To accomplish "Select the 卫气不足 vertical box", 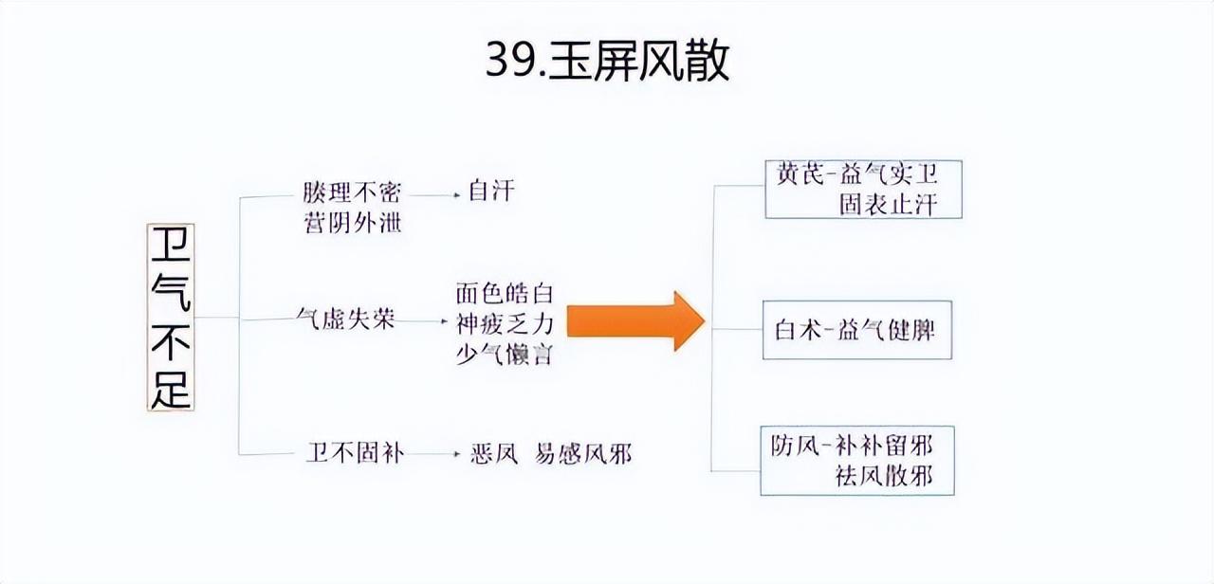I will [x=171, y=317].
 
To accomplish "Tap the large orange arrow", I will [x=635, y=320].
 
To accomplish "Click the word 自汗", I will [x=491, y=192].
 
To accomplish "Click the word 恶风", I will [x=493, y=454].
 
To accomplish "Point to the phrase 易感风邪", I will [x=582, y=454].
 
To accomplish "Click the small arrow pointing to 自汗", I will [x=436, y=193].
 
